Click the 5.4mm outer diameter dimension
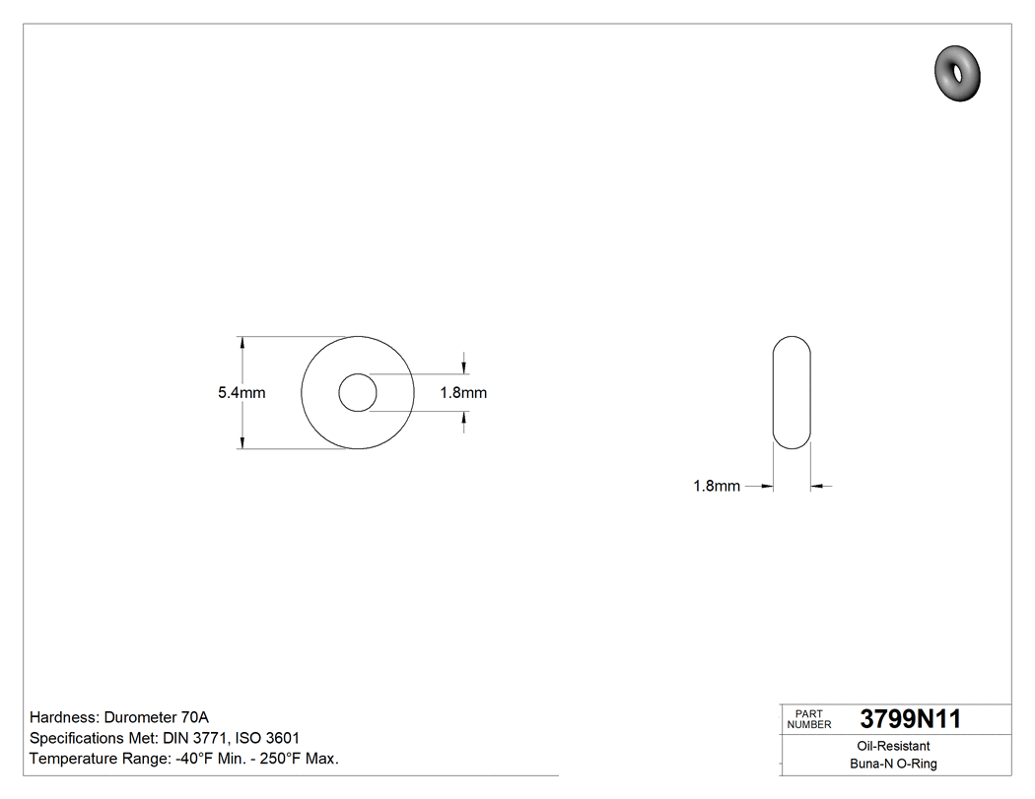[x=241, y=393]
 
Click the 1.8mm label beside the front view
[x=462, y=393]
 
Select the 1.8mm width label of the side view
[x=717, y=487]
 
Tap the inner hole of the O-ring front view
[x=357, y=393]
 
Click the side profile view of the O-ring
[x=792, y=393]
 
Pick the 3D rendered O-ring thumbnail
[x=958, y=73]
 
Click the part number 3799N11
[x=910, y=719]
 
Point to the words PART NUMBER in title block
[x=809, y=719]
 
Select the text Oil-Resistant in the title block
[x=893, y=747]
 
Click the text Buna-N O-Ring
[x=893, y=765]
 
